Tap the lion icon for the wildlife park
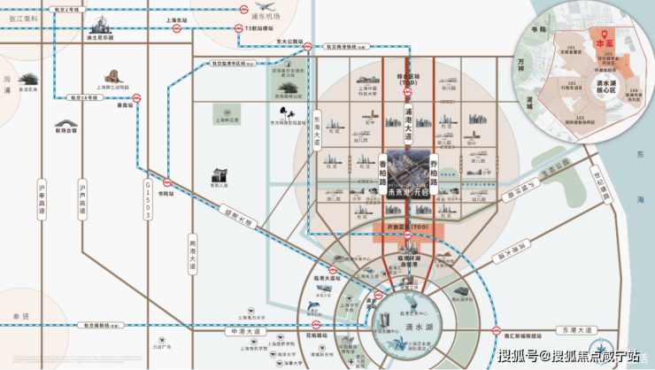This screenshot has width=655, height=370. tap(112, 78)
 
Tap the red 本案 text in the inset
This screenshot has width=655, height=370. tap(605, 42)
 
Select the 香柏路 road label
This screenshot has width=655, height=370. tap(383, 173)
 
